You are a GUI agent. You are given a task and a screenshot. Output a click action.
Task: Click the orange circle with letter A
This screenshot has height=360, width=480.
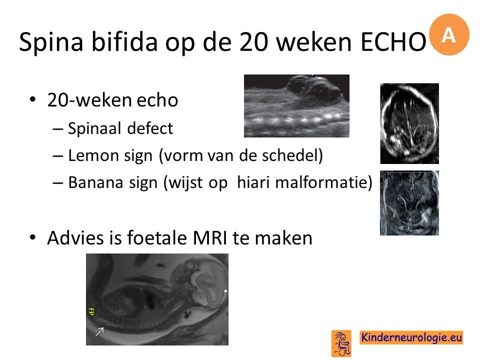click(449, 34)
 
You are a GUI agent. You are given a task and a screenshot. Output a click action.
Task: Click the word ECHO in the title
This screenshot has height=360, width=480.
click(393, 41)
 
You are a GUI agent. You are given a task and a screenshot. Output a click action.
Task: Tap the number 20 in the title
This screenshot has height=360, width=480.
click(254, 41)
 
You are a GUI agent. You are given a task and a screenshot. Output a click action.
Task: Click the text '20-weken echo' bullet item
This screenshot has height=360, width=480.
click(112, 100)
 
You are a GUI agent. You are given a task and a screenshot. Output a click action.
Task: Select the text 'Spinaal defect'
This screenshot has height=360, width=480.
click(120, 128)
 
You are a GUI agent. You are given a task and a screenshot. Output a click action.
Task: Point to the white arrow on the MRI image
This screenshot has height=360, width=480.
click(99, 331)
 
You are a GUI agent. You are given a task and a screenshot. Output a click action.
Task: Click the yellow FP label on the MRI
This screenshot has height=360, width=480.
click(91, 311)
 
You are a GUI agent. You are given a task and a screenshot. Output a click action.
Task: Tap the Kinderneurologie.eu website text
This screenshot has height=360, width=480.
click(411, 337)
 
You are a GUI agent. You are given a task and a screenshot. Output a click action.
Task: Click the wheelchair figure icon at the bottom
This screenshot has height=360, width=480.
click(341, 343)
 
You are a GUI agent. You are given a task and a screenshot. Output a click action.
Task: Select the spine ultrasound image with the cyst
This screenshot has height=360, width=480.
click(296, 106)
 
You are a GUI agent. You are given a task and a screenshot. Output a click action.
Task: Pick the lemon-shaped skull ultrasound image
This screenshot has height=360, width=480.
click(409, 123)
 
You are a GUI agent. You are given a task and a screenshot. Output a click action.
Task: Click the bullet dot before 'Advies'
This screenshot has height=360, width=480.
click(33, 237)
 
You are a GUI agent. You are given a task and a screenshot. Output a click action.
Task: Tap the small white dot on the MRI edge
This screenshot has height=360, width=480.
click(225, 291)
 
